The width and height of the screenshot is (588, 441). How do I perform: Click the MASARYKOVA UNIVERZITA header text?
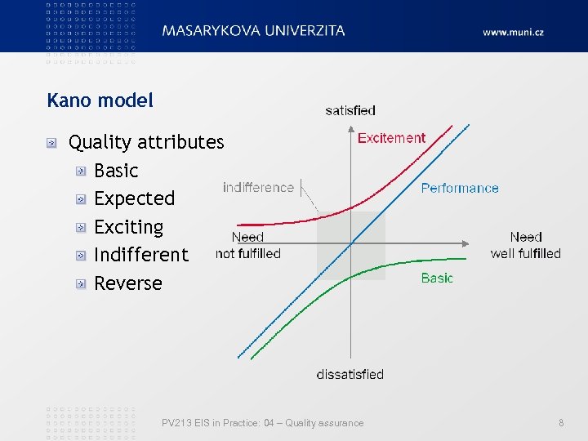point(253,31)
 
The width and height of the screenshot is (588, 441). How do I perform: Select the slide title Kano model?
point(100,101)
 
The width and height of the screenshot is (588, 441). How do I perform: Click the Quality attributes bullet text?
point(146,142)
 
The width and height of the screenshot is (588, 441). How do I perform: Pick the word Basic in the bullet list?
point(116,171)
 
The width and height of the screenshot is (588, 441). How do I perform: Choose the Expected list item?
point(135,198)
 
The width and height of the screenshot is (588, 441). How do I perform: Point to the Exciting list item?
point(129,227)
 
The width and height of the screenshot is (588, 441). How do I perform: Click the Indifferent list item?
point(141,255)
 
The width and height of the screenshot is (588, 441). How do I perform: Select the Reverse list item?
point(128,283)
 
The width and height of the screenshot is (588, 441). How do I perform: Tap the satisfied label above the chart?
point(350,110)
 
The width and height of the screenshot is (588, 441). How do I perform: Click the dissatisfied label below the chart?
point(350,374)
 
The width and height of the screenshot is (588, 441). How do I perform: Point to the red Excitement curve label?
point(391,138)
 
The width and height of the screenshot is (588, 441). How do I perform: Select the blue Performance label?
point(460,188)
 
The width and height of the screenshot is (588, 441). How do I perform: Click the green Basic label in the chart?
point(437,278)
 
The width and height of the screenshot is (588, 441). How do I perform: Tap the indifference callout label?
point(258,187)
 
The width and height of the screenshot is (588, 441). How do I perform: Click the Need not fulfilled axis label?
point(247,245)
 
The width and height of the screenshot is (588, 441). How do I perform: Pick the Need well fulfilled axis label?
point(525,245)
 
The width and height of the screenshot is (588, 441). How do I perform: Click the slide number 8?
point(561,423)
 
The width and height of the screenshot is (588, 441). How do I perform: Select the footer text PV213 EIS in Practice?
point(262,423)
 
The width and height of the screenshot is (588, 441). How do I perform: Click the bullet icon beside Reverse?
point(81,284)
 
